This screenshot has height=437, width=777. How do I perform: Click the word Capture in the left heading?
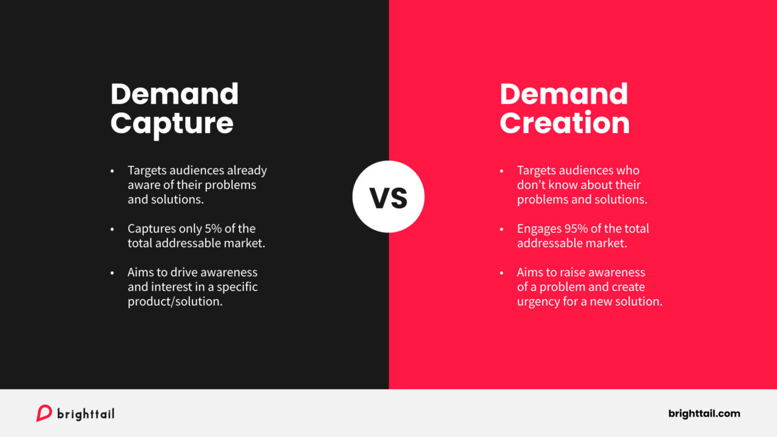(172, 123)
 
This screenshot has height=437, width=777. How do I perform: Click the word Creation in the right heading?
(565, 123)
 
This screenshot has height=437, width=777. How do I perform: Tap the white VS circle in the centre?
(388, 197)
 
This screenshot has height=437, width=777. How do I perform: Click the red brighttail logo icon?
(44, 413)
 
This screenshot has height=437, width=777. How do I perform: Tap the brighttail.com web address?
(704, 413)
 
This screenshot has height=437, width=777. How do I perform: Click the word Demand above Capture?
(175, 94)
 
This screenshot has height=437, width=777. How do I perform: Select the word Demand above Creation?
(564, 94)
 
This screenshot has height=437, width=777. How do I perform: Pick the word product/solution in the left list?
(175, 302)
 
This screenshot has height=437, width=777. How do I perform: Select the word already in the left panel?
(247, 171)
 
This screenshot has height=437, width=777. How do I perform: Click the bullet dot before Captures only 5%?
(112, 229)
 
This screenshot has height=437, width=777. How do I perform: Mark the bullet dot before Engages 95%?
(501, 229)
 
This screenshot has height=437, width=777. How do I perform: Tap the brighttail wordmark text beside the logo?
(86, 414)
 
